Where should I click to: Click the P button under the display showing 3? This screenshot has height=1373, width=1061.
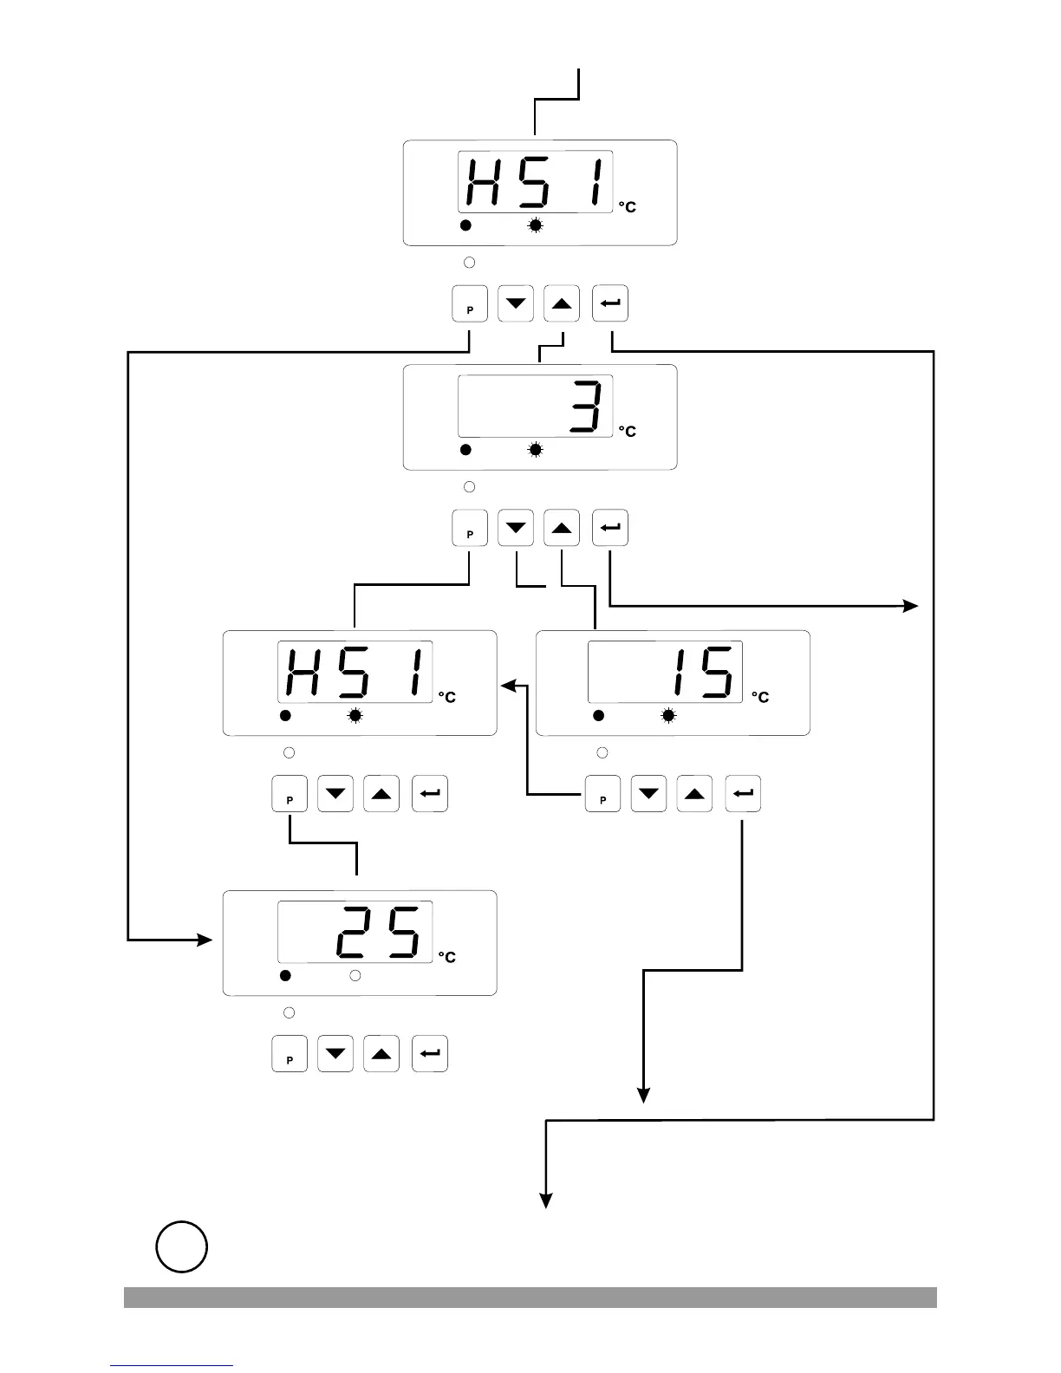(x=470, y=529)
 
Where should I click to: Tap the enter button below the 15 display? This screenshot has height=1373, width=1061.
(x=743, y=794)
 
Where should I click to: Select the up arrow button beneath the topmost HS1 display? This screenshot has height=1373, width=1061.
(x=562, y=304)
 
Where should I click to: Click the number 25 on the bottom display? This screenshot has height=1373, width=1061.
(x=378, y=932)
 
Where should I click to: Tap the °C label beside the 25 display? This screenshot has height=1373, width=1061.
(x=446, y=957)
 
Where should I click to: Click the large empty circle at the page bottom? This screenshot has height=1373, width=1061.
(x=182, y=1246)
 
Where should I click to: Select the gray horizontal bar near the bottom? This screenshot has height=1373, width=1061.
(x=530, y=1297)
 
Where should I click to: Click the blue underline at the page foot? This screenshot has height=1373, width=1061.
(x=172, y=1365)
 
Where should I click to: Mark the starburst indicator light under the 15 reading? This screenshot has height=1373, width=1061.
(x=668, y=716)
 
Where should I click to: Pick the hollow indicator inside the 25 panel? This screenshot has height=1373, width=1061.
(x=355, y=976)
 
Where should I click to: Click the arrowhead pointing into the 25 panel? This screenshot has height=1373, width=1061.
(x=205, y=940)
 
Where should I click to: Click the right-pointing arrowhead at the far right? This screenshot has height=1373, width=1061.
(x=911, y=606)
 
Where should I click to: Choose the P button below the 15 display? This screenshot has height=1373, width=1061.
(x=603, y=794)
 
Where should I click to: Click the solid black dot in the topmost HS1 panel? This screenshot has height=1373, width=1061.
(x=465, y=226)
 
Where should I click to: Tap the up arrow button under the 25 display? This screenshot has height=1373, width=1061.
(x=381, y=1054)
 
